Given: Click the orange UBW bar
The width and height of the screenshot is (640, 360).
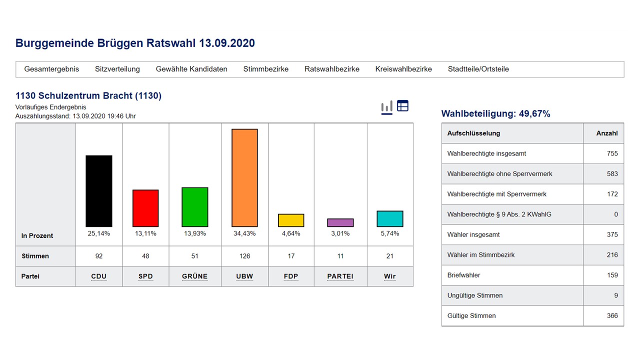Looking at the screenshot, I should [244, 178].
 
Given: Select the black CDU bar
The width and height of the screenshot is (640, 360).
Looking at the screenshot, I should [99, 191].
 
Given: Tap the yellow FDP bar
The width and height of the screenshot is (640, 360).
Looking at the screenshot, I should [291, 220].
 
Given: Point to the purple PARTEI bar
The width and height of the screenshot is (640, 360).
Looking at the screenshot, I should [340, 223].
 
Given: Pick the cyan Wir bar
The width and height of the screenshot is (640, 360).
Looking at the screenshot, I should [389, 219].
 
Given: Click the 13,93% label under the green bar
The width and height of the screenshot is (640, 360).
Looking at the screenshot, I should [195, 233].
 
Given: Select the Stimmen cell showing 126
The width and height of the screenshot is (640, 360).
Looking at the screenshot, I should [244, 256].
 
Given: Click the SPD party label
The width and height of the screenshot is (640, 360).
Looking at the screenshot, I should [145, 276].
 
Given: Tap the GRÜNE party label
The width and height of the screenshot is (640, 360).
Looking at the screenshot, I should [195, 276].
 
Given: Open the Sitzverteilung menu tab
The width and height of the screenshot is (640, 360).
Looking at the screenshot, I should [117, 69].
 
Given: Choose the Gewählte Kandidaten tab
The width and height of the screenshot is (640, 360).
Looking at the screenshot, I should [191, 69].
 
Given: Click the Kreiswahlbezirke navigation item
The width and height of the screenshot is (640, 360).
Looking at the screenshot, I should [403, 69].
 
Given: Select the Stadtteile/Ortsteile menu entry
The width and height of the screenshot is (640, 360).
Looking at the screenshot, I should [478, 69].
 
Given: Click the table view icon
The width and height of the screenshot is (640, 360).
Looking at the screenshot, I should [402, 106].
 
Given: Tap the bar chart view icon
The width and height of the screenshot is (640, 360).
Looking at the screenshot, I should [386, 107].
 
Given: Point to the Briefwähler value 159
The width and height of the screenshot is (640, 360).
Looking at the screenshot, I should [612, 275].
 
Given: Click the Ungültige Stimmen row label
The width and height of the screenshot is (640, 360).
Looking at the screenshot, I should [474, 295].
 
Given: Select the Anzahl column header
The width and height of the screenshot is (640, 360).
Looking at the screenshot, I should [607, 133].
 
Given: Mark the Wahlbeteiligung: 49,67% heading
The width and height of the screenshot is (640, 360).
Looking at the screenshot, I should [495, 114].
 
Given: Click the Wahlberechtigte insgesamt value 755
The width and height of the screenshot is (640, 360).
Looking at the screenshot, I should [612, 153].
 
